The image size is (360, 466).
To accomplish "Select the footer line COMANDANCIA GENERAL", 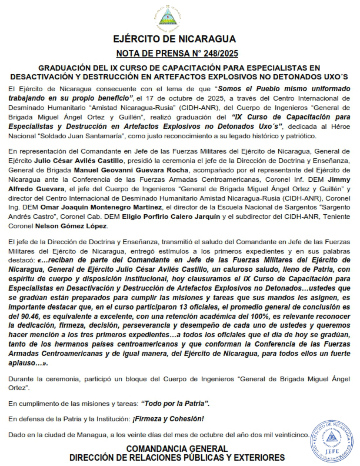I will click(176, 449).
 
